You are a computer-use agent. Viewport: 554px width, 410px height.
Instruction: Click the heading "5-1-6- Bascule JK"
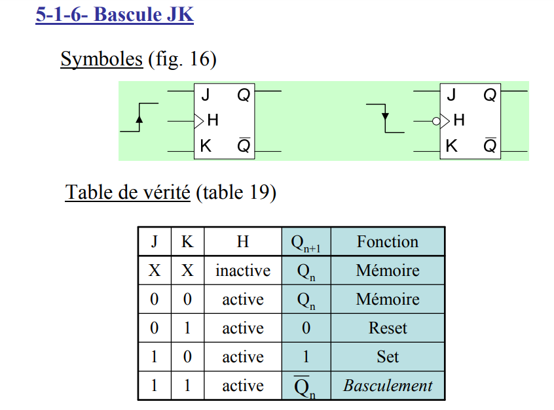[x=115, y=14]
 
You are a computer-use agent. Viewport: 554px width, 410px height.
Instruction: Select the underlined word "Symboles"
[x=102, y=60]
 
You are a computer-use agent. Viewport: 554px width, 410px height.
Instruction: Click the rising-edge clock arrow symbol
[x=139, y=118]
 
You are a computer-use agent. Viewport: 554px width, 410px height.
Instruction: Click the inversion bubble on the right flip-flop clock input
[x=435, y=120]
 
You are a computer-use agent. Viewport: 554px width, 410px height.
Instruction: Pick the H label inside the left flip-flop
[x=212, y=120]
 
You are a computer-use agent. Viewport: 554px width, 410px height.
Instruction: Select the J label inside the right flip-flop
[x=451, y=95]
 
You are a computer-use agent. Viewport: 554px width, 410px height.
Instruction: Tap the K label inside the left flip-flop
[x=206, y=146]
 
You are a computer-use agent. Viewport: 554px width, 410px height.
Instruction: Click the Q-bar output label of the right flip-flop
[x=490, y=146]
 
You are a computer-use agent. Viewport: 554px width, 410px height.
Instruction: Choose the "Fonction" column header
[x=388, y=242]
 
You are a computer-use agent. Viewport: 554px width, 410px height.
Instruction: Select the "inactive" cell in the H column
[x=243, y=271]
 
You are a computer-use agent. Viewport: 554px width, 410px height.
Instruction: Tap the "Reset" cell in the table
[x=388, y=328]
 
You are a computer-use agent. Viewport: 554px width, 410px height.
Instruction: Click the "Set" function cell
[x=388, y=357]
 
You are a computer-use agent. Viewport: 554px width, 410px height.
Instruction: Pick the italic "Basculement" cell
[x=388, y=386]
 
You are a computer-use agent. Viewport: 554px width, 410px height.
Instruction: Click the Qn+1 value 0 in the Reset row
[x=306, y=328]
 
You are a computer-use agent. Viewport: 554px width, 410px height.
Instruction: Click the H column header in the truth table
[x=243, y=242]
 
